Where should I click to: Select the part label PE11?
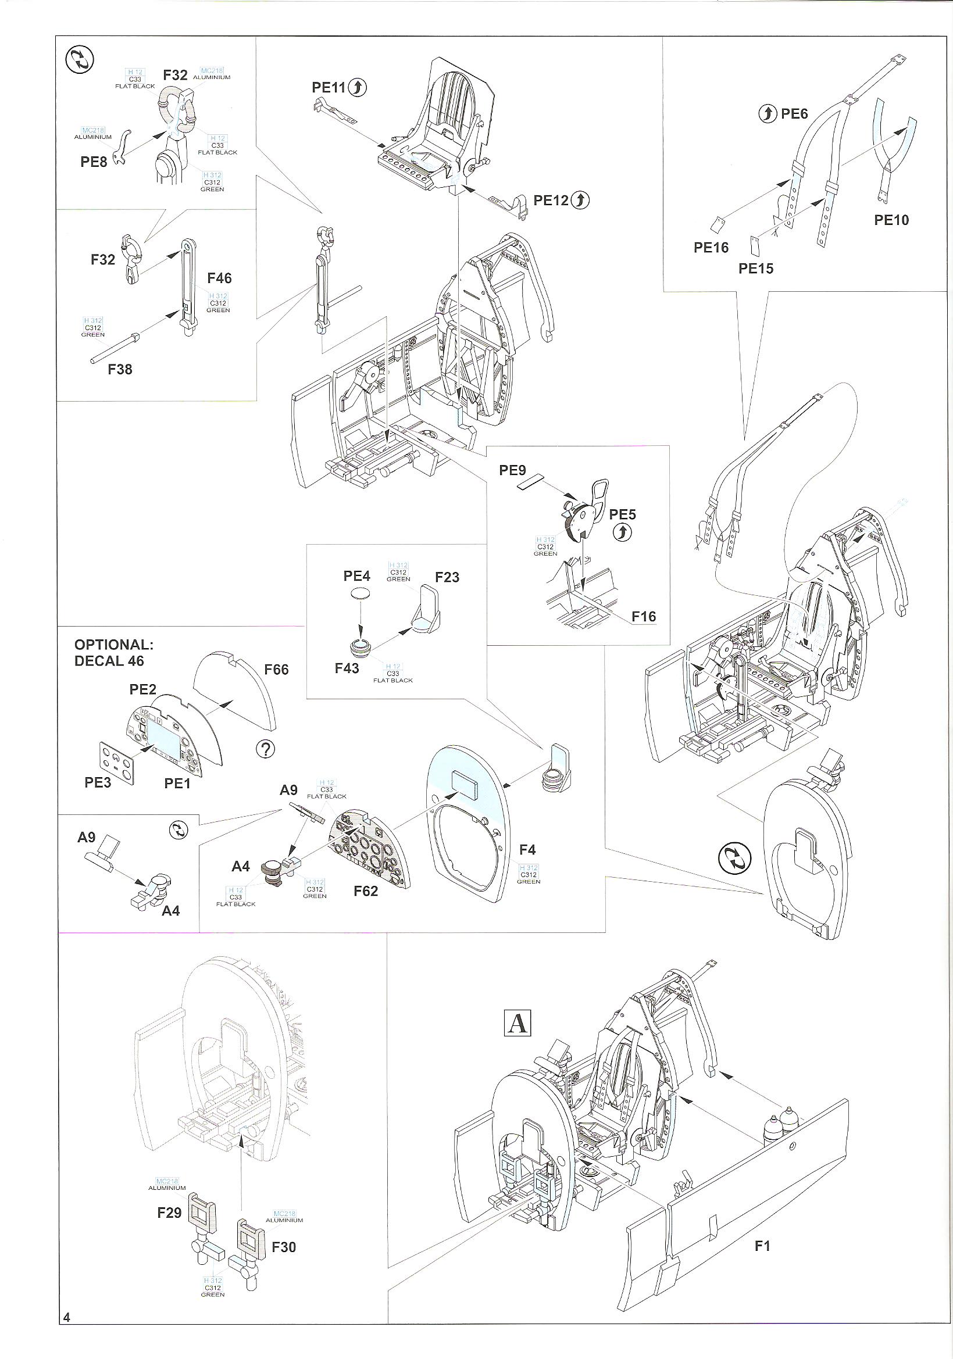329,88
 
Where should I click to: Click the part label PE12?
551,200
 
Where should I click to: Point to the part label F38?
120,369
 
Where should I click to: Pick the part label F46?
219,278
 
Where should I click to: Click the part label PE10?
891,220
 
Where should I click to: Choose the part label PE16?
711,248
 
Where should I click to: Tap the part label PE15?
756,269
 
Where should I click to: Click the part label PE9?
512,470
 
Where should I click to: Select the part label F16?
644,616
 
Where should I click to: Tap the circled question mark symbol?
266,749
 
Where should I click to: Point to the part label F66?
276,670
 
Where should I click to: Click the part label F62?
365,891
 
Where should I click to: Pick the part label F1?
762,1246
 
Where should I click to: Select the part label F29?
169,1213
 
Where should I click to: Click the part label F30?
284,1247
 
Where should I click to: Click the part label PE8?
94,162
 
